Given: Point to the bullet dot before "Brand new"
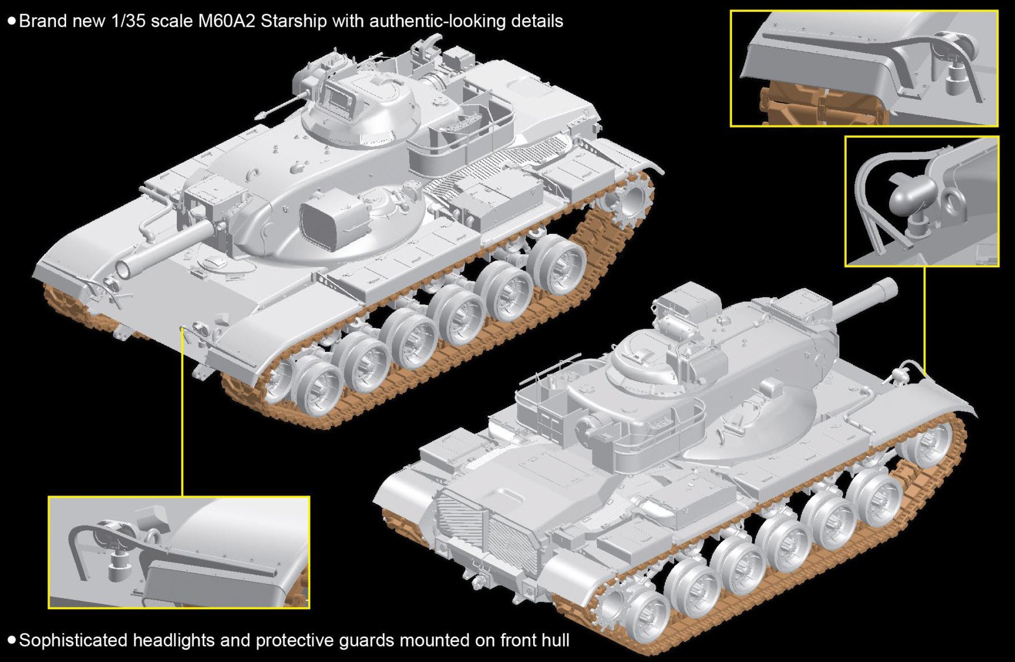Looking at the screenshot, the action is pyautogui.click(x=11, y=22).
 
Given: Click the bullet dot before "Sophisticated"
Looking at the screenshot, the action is pyautogui.click(x=11, y=640).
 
